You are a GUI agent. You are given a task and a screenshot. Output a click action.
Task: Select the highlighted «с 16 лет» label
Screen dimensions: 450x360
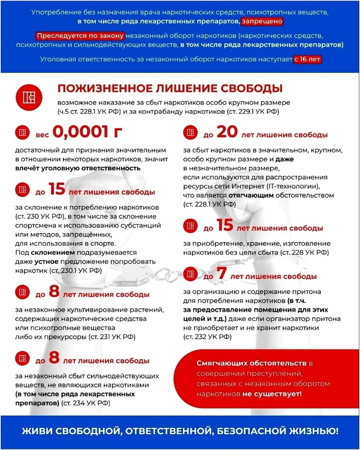308,59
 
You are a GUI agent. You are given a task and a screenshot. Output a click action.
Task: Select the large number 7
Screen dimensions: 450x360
222,275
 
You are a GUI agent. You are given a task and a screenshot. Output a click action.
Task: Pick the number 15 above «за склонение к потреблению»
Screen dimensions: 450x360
57,190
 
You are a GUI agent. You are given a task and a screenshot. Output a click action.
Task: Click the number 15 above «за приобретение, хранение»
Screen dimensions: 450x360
225,226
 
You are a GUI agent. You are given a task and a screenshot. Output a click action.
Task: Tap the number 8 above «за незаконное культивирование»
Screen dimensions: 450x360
54,292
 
